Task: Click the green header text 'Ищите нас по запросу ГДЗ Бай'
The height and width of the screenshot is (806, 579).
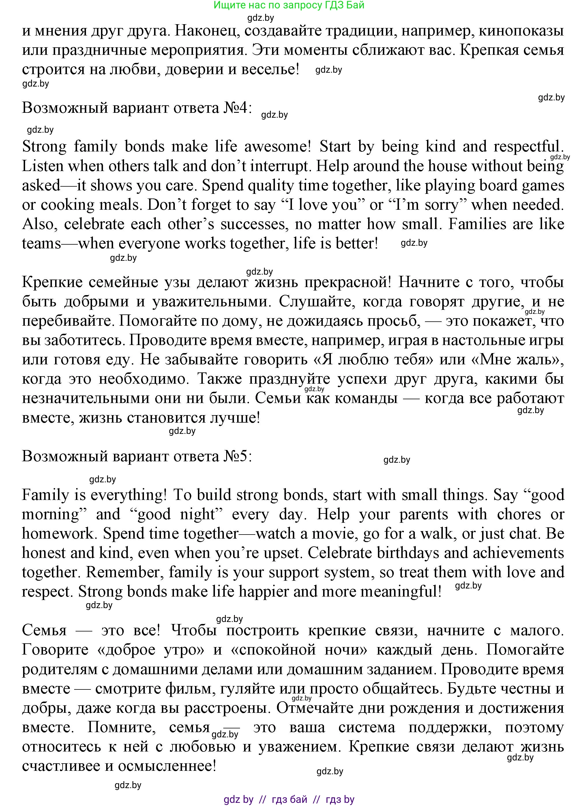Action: click(x=289, y=5)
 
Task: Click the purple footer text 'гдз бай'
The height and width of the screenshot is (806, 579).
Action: click(x=289, y=800)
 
